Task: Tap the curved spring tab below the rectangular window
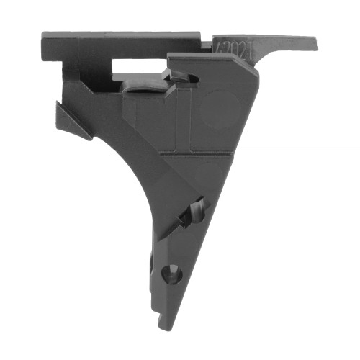click(x=142, y=88)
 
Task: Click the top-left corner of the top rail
click(x=43, y=33)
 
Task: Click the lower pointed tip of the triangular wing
click(x=89, y=138)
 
